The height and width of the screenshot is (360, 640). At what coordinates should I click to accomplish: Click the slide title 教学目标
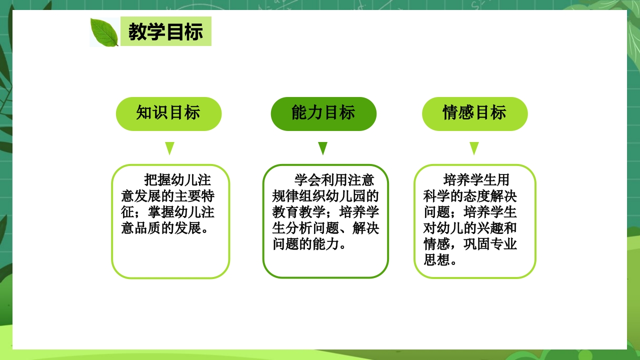(165, 32)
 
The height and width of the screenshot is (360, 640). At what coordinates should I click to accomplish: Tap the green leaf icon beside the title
(104, 32)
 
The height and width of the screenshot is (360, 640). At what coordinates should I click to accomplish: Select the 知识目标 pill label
(168, 113)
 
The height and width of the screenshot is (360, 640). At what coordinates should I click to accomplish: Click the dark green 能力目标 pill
(323, 113)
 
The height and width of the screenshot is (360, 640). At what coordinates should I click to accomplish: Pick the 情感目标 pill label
(474, 113)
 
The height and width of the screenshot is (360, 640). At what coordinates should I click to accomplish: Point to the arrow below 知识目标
(169, 148)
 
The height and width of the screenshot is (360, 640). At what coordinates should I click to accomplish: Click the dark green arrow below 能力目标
(322, 148)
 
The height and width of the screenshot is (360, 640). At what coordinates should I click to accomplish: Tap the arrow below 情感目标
(474, 148)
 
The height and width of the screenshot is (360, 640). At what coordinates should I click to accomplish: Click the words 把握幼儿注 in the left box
(177, 179)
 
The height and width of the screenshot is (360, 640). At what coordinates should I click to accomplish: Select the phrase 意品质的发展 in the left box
(160, 228)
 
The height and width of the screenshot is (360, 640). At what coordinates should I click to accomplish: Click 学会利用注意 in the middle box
(334, 179)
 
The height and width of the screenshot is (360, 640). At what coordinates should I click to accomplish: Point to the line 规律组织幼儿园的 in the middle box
(325, 195)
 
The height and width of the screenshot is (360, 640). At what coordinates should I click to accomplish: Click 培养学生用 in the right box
(476, 179)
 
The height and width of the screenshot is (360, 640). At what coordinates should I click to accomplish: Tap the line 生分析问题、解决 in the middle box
(325, 228)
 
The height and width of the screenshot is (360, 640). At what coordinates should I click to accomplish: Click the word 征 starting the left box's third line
(128, 212)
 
